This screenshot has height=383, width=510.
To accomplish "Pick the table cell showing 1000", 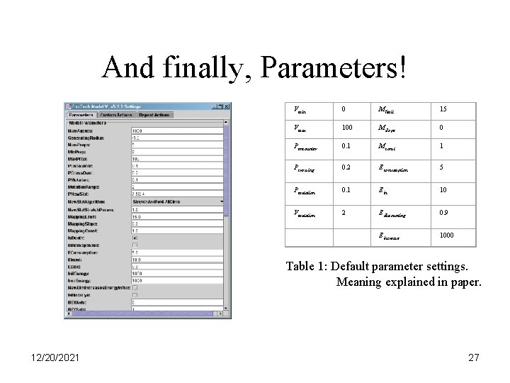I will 447,235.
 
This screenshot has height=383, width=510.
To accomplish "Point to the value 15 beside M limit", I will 443,110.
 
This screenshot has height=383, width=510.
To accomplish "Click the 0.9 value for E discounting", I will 443,213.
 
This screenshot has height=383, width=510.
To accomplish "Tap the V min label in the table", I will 300,110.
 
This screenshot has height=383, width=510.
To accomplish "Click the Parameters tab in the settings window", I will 81,113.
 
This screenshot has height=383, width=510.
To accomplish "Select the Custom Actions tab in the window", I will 116,113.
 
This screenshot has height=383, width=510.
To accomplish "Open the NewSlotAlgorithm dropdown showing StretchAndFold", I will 178,201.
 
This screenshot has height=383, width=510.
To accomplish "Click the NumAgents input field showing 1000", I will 178,131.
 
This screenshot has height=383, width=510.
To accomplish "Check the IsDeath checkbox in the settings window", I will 135,238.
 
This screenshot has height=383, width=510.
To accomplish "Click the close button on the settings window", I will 226,106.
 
